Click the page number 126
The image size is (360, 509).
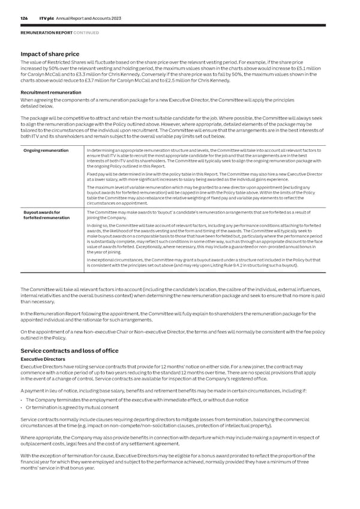tap(25, 19)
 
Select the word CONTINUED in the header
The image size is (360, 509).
tap(82, 32)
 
